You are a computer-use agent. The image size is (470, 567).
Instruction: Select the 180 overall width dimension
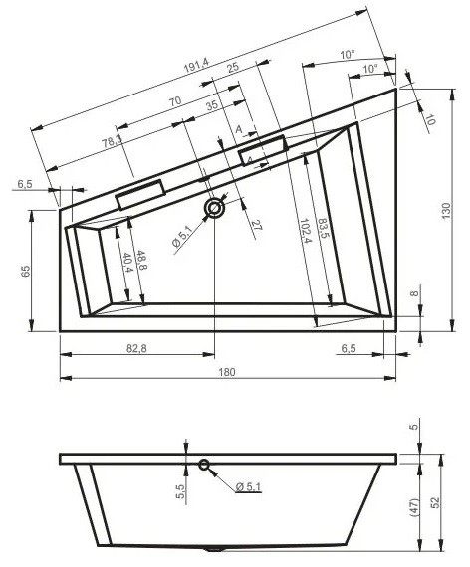tap(227, 372)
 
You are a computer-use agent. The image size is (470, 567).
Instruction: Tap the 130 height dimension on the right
tap(446, 211)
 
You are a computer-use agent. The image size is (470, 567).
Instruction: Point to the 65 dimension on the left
tap(25, 271)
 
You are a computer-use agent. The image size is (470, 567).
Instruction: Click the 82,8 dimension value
tap(136, 348)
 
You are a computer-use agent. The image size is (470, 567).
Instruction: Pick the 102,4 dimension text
tap(304, 231)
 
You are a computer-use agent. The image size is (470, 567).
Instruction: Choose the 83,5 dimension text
tap(323, 228)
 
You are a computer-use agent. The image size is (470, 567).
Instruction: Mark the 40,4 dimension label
tap(127, 263)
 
